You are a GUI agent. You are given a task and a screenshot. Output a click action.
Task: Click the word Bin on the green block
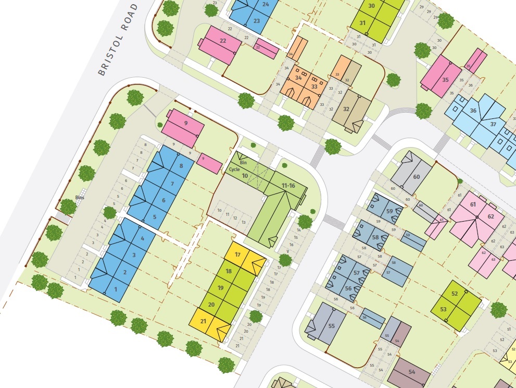coord(242,163)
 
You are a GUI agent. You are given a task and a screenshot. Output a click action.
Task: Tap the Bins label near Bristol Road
coord(80,198)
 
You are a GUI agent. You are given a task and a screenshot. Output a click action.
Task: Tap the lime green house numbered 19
coord(221,288)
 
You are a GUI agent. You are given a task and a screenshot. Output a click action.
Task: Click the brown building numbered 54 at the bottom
coord(411,372)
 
